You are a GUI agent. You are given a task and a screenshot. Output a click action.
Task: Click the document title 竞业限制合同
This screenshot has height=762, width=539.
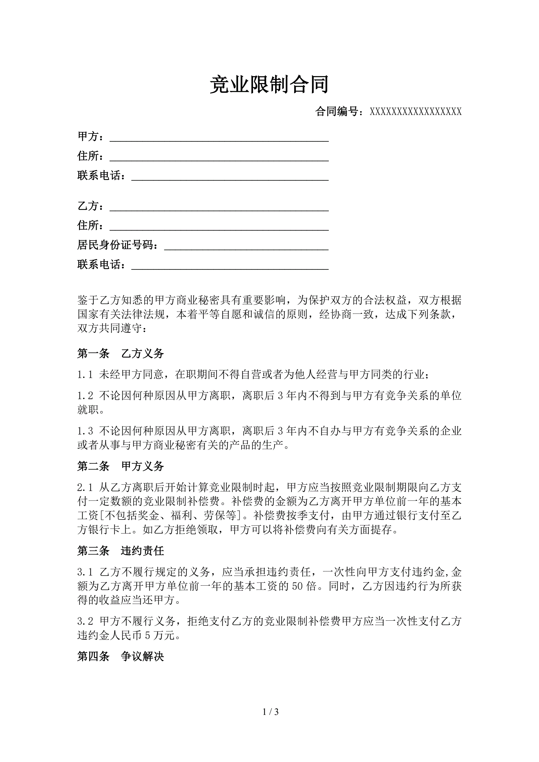pyautogui.click(x=269, y=85)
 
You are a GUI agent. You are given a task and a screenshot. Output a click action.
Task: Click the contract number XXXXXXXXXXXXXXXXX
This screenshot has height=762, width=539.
pyautogui.click(x=415, y=111)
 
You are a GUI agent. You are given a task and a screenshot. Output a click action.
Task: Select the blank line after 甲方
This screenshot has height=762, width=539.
pyautogui.click(x=219, y=138)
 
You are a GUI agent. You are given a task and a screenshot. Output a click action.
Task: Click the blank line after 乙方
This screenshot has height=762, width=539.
pyautogui.click(x=219, y=207)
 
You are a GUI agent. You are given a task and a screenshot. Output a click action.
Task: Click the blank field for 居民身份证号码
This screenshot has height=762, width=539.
pyautogui.click(x=246, y=246)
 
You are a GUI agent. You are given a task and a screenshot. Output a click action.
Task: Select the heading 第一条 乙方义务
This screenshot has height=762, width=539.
pyautogui.click(x=120, y=353)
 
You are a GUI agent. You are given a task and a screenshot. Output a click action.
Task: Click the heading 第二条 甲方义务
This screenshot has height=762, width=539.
pyautogui.click(x=120, y=466)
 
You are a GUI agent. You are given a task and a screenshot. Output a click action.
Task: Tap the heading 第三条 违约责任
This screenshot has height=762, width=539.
pyautogui.click(x=120, y=551)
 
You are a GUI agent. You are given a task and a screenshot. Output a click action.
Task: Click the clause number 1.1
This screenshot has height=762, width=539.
pyautogui.click(x=85, y=375)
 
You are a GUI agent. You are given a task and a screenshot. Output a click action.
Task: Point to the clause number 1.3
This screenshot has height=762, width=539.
pyautogui.click(x=85, y=431)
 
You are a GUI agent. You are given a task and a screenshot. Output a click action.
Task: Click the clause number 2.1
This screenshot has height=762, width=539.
pyautogui.click(x=85, y=487)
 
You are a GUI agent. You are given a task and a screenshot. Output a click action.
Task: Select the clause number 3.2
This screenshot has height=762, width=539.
pyautogui.click(x=85, y=621)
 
